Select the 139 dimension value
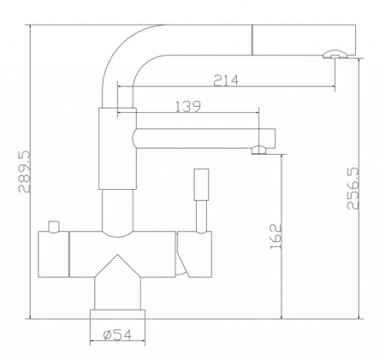tap(187, 107)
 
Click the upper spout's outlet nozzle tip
tap(334, 56)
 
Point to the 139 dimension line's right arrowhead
tap(256, 114)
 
